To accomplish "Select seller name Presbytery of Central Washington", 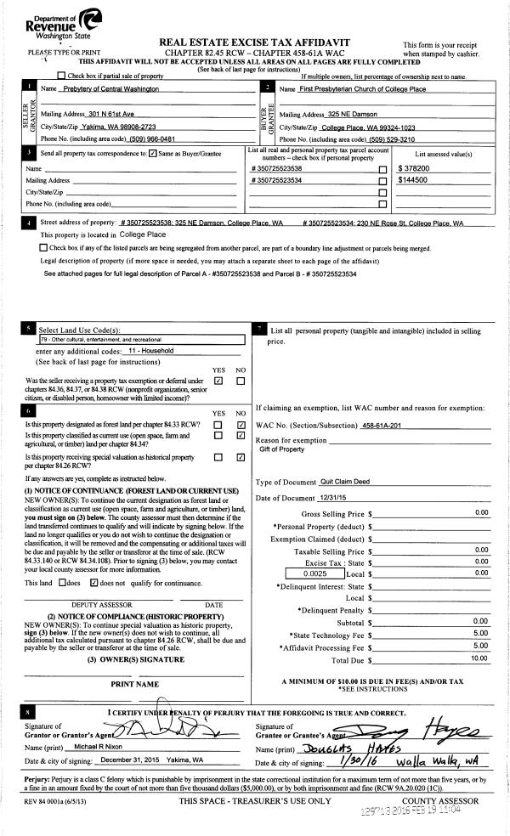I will [x=113, y=89].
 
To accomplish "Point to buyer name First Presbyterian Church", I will [x=358, y=89].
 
